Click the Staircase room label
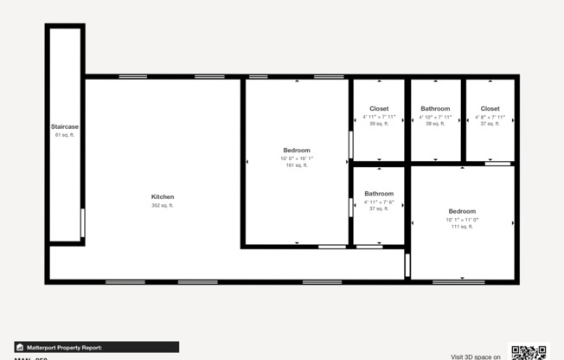(65, 127)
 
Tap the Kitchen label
(163, 197)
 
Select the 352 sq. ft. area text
(163, 206)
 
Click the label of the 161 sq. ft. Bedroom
(296, 151)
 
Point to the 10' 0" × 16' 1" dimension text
(296, 158)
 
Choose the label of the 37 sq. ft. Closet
(490, 109)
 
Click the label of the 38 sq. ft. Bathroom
(435, 109)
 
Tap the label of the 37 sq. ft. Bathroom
(379, 194)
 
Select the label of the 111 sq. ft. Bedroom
(462, 212)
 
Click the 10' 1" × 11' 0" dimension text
(462, 220)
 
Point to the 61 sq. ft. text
(65, 135)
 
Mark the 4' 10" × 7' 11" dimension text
(435, 117)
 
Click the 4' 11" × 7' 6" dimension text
(379, 202)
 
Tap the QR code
(529, 351)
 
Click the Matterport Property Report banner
(97, 347)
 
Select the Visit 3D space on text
(475, 356)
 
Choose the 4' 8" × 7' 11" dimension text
(490, 117)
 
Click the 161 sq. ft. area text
(296, 165)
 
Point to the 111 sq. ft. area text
(462, 227)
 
